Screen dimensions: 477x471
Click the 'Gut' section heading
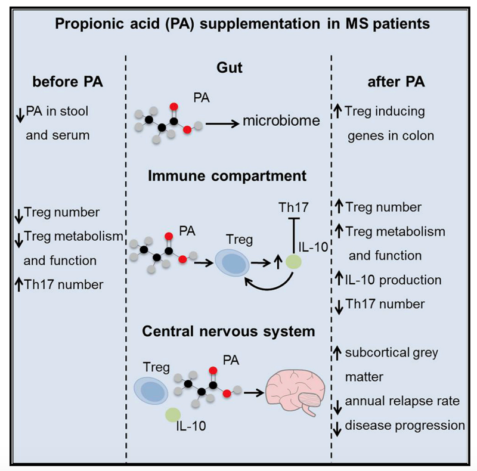coord(230,67)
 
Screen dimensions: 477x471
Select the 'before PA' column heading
coord(67,82)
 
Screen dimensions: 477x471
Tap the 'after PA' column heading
coord(396,82)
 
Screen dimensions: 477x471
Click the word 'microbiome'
coord(281,120)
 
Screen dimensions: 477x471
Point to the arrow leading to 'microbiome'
coord(222,124)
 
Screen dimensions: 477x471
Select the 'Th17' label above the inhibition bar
coord(293,207)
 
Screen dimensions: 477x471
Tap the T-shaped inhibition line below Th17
coord(293,235)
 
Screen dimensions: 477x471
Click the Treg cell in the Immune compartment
coord(233,263)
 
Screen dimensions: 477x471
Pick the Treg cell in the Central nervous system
coord(151,390)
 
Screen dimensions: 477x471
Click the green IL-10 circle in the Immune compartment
coord(293,262)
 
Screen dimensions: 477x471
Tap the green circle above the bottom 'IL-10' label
coord(173,415)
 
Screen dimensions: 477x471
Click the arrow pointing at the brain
coord(254,393)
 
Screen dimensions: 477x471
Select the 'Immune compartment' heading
coord(227,176)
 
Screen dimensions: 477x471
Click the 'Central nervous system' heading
coord(228,331)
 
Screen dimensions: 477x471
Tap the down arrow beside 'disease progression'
coord(337,429)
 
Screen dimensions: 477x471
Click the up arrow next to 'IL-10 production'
coord(339,278)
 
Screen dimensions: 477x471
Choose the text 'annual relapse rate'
coord(402,401)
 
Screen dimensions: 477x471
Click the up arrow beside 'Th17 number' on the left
coord(19,284)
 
